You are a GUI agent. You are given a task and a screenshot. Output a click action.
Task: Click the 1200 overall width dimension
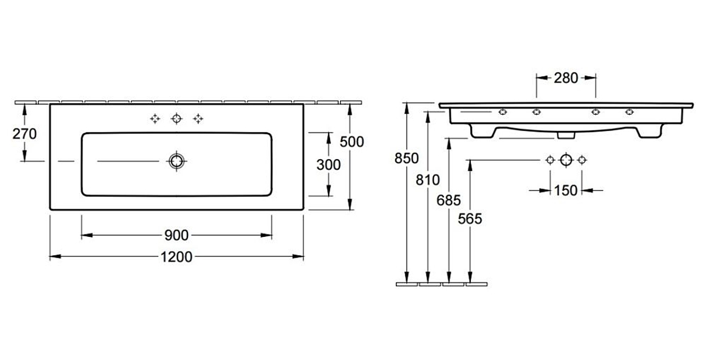coord(176,257)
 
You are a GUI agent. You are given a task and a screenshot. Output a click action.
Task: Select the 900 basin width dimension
coord(176,236)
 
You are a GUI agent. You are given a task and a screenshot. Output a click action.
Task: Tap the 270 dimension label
coord(25,134)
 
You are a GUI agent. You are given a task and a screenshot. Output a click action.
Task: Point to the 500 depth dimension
coord(352,141)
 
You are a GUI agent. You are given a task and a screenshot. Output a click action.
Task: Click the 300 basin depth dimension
coord(328,164)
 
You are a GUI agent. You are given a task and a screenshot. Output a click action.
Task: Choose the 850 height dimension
coord(407,158)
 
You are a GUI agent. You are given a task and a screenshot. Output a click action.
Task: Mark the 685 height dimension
coord(449,200)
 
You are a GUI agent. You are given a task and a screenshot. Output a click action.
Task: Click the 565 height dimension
coord(470,219)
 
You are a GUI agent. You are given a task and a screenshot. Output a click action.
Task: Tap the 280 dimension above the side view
coord(566,78)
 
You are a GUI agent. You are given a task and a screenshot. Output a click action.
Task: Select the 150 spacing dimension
coord(566,190)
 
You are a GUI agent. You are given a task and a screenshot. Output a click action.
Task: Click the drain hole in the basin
coord(176,161)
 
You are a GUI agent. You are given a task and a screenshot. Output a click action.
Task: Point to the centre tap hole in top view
coord(176,119)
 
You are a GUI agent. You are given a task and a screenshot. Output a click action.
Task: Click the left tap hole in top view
coord(155,119)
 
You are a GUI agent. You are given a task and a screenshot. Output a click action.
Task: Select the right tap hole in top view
coord(198,119)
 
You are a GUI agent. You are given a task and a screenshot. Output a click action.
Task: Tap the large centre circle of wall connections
coord(566,160)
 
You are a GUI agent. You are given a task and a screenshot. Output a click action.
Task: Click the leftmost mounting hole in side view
coord(503,111)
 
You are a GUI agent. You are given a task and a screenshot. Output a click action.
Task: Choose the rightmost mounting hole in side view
coord(629,111)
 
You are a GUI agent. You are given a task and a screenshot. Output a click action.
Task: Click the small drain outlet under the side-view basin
coord(566,135)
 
